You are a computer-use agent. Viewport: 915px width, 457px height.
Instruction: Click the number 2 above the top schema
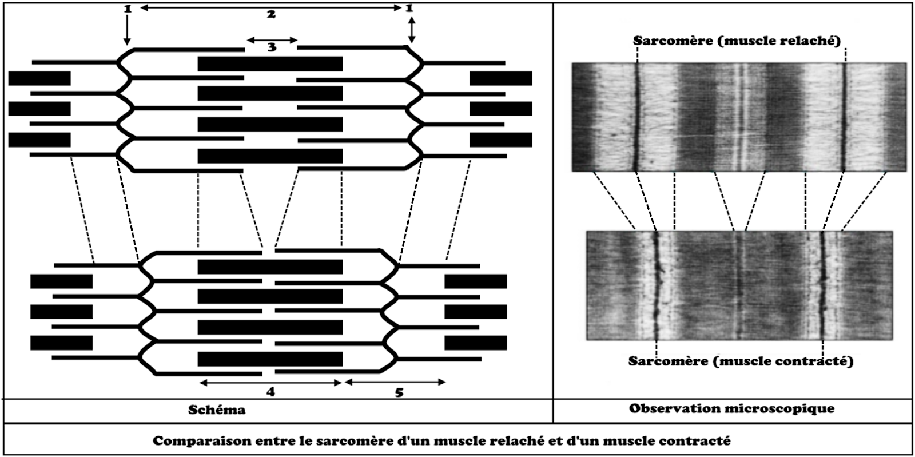point(271,15)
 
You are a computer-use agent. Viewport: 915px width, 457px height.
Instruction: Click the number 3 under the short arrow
point(272,47)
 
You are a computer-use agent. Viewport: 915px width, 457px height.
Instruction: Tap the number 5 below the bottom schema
point(399,392)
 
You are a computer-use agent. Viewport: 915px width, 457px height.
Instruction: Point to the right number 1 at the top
point(409,9)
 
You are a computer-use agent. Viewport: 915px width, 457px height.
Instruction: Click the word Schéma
point(217,410)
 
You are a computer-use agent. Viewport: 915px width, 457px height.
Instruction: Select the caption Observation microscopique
point(731,408)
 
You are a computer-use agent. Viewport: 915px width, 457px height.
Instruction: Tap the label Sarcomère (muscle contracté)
point(741,361)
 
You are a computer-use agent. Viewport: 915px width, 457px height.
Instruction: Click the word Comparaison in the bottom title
point(191,442)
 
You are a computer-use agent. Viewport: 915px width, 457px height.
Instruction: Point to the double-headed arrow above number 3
point(272,40)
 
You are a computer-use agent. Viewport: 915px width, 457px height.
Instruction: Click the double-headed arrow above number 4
point(270,382)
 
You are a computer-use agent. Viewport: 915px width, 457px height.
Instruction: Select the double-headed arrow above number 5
point(395,382)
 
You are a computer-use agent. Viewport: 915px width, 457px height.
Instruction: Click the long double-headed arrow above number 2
point(271,7)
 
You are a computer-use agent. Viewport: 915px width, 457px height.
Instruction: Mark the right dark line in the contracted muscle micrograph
point(823,286)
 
